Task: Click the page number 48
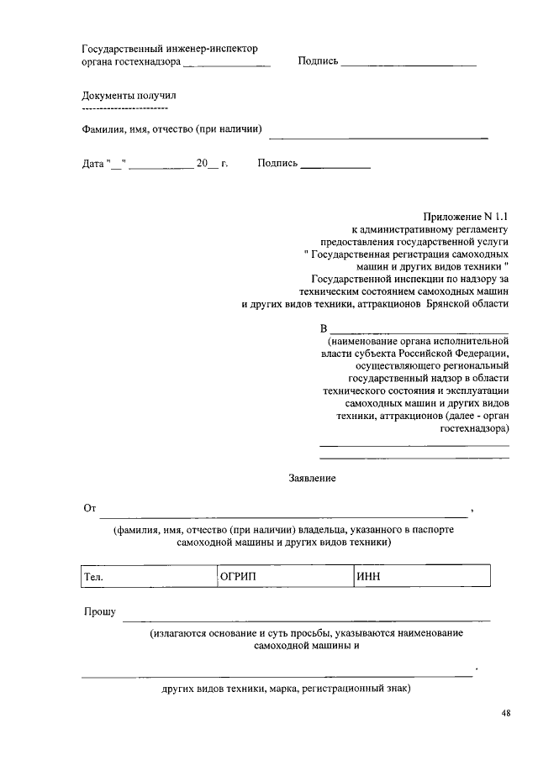(x=505, y=714)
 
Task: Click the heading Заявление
(x=313, y=479)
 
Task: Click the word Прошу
(x=99, y=612)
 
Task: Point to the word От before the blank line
(x=90, y=509)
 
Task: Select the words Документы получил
(x=129, y=97)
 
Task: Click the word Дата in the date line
(x=92, y=164)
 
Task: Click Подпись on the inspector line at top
(x=319, y=61)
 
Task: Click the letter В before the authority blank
(x=324, y=328)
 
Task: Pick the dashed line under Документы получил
(x=124, y=109)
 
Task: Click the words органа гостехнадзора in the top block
(x=130, y=61)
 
